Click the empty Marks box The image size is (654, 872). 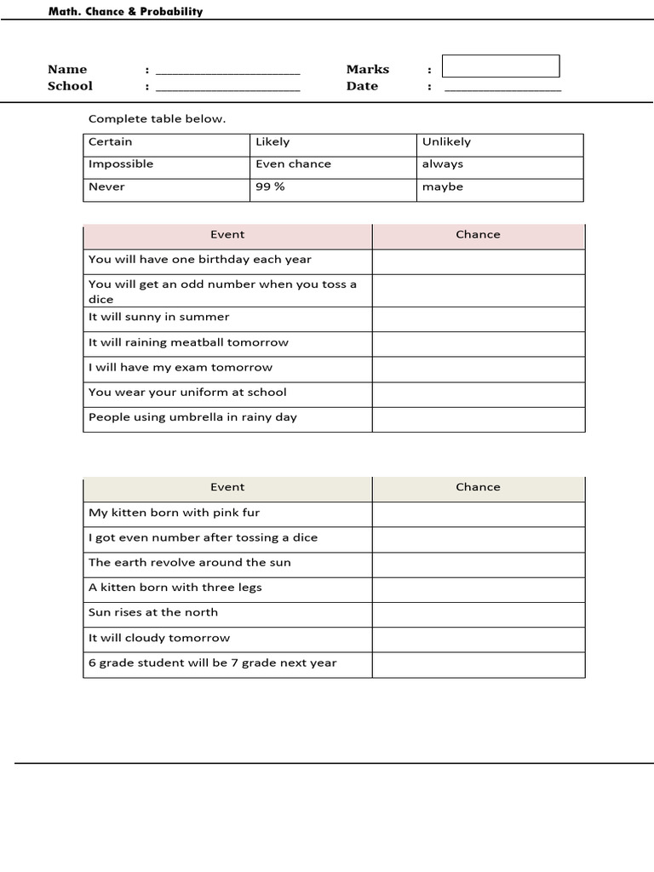pos(501,66)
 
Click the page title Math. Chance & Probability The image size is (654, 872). pos(125,12)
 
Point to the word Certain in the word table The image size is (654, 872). pos(111,142)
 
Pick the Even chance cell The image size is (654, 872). pos(293,164)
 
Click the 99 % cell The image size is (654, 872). pos(270,186)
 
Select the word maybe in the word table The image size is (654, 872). pos(443,186)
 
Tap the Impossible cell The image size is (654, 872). pos(121,164)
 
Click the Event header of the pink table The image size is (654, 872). pos(227,235)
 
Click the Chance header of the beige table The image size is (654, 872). pos(478,488)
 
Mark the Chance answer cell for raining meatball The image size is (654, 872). pos(478,343)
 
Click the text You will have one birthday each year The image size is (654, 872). pos(200,260)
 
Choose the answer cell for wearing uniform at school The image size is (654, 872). pos(478,393)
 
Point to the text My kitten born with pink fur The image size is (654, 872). pos(175,513)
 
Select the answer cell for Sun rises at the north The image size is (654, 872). pos(478,613)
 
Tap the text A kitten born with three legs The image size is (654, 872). pos(175,588)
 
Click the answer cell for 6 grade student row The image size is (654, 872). pos(478,664)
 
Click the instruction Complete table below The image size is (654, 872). pos(158,119)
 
